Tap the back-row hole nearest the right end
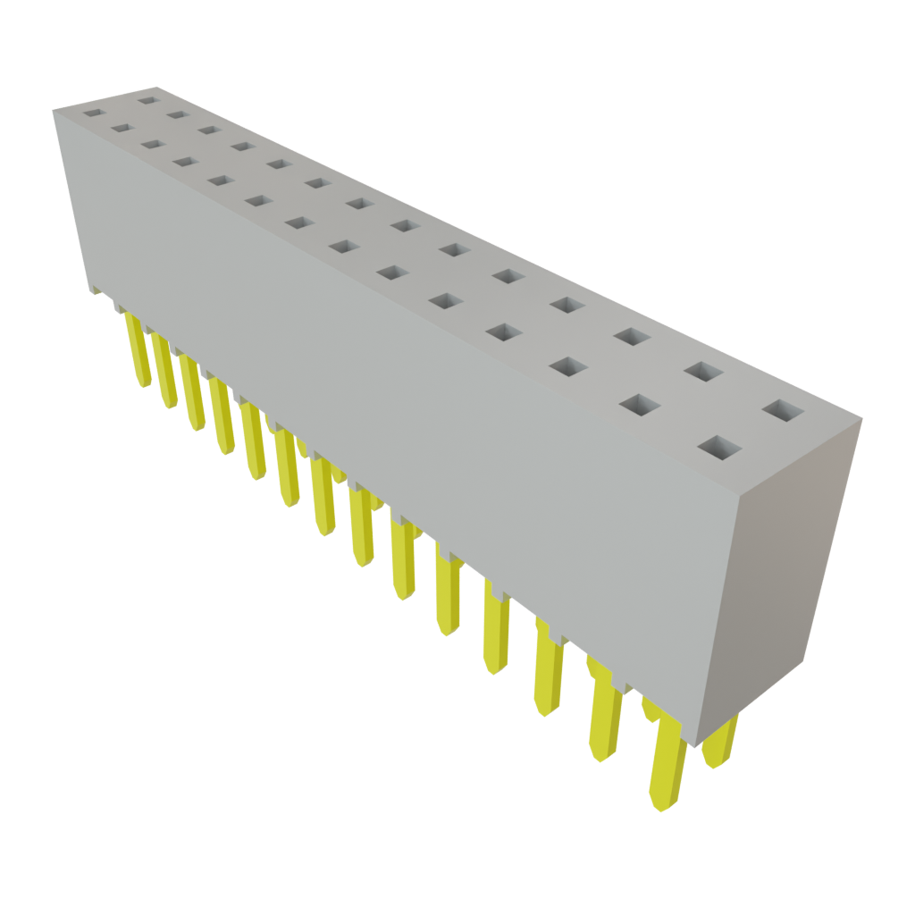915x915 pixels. pos(784,411)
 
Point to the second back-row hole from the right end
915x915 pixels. pos(705,371)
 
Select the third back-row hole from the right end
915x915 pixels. pos(632,336)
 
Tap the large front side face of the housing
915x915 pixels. pos(402,402)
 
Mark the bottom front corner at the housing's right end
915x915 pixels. pos(693,746)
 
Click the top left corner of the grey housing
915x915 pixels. pos(54,108)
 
